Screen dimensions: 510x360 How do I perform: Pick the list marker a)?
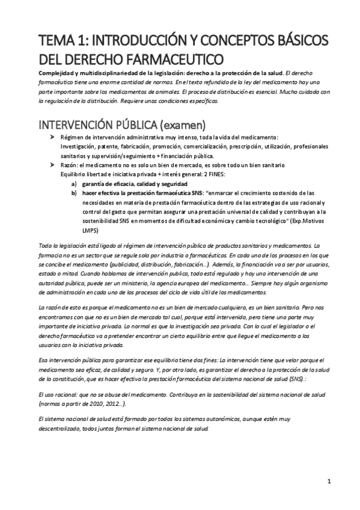point(75,183)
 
